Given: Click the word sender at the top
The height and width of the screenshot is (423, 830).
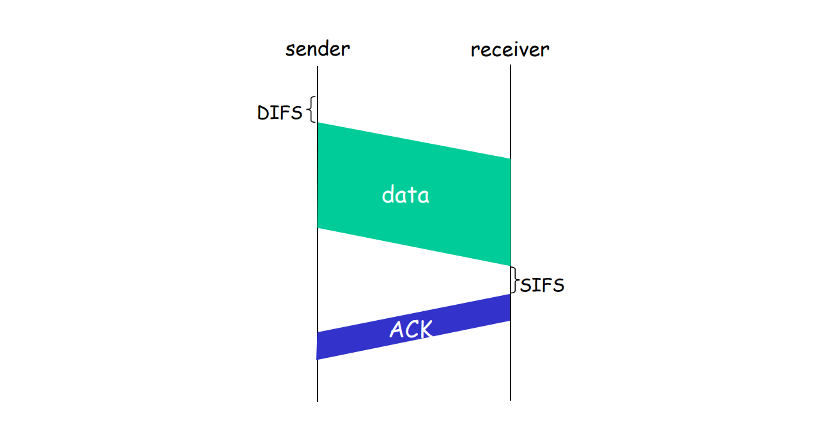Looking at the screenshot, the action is [x=318, y=49].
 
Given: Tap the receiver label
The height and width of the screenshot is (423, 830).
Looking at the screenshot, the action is [x=510, y=50].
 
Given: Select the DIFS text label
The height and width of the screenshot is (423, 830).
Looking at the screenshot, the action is [x=280, y=112].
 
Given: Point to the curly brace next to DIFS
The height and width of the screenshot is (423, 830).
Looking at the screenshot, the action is [x=312, y=109].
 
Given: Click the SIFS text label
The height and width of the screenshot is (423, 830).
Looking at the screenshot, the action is [x=542, y=285].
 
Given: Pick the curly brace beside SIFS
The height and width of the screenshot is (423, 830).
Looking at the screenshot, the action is [x=514, y=280].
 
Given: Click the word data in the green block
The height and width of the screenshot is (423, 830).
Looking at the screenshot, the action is [x=405, y=195].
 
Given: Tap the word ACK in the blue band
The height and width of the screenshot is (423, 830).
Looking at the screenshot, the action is [x=411, y=329].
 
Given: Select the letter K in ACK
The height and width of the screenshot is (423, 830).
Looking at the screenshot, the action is [x=425, y=329].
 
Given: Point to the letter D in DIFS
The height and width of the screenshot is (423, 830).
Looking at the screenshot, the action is [x=263, y=112].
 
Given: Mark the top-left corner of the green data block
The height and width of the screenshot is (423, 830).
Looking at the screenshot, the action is [x=318, y=123].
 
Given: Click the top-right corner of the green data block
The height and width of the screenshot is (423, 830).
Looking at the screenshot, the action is [x=511, y=158].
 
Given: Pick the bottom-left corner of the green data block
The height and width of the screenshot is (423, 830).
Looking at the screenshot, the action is [x=318, y=228].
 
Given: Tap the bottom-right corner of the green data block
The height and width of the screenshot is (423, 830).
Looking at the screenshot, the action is [x=511, y=266].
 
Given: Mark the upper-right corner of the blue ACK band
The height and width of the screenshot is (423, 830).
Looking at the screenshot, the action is [x=511, y=295].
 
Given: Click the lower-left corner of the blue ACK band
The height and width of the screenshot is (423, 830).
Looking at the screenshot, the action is [x=317, y=359].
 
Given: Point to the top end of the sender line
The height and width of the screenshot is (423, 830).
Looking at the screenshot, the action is [x=318, y=66].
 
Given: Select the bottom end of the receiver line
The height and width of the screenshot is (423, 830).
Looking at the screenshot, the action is [x=511, y=401].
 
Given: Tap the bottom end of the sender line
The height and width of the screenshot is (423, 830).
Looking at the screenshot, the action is [x=318, y=401].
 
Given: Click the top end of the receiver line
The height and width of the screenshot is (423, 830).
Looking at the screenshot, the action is [x=511, y=65].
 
